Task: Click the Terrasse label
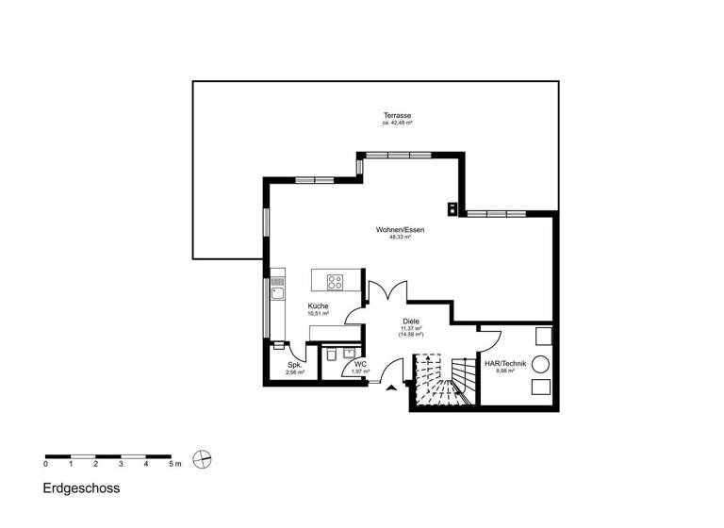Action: coord(397,116)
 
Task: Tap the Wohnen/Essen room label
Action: coord(400,230)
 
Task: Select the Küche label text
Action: coord(318,306)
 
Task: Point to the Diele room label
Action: coord(410,322)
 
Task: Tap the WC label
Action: coord(360,363)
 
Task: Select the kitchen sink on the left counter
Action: coord(277,292)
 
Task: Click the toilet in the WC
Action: coord(332,355)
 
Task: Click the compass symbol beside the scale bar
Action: coord(200,460)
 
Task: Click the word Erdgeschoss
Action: coord(81,489)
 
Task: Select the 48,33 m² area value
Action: coord(400,238)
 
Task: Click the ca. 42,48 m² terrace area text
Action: coord(397,124)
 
